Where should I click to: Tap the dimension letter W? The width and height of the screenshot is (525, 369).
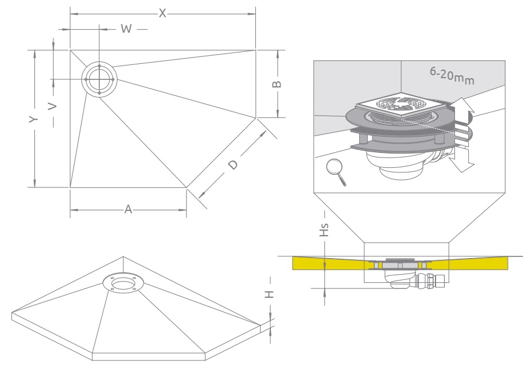(127, 29)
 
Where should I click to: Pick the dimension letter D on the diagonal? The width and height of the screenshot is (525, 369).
(232, 165)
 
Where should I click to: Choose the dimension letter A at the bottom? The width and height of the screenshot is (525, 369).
(129, 210)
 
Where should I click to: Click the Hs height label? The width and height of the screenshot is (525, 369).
(325, 231)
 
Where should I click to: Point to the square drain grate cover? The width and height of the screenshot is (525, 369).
(400, 106)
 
